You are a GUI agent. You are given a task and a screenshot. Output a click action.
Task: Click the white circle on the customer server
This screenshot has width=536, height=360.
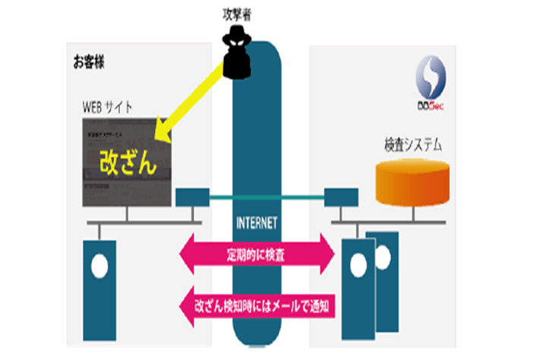click(x=99, y=267)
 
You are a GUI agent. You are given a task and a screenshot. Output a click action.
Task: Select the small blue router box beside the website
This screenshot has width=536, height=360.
click(x=188, y=198)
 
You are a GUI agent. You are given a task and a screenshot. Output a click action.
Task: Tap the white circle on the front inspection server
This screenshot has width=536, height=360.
click(x=357, y=266)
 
